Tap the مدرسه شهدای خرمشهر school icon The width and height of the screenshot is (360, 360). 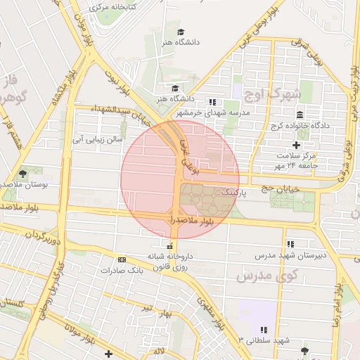(212, 102)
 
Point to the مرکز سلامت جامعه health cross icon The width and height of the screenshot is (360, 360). (296, 144)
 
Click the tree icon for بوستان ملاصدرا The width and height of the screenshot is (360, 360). (23, 173)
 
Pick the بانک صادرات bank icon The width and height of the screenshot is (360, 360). (122, 259)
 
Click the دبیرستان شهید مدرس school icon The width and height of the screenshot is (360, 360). (290, 244)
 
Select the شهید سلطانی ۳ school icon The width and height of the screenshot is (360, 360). (264, 329)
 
